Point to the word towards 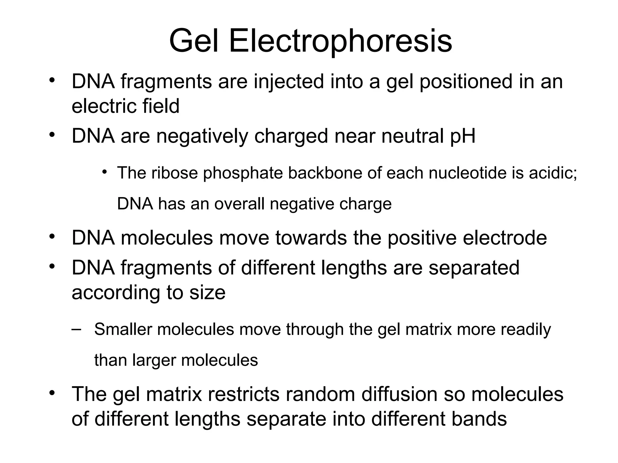(x=311, y=238)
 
